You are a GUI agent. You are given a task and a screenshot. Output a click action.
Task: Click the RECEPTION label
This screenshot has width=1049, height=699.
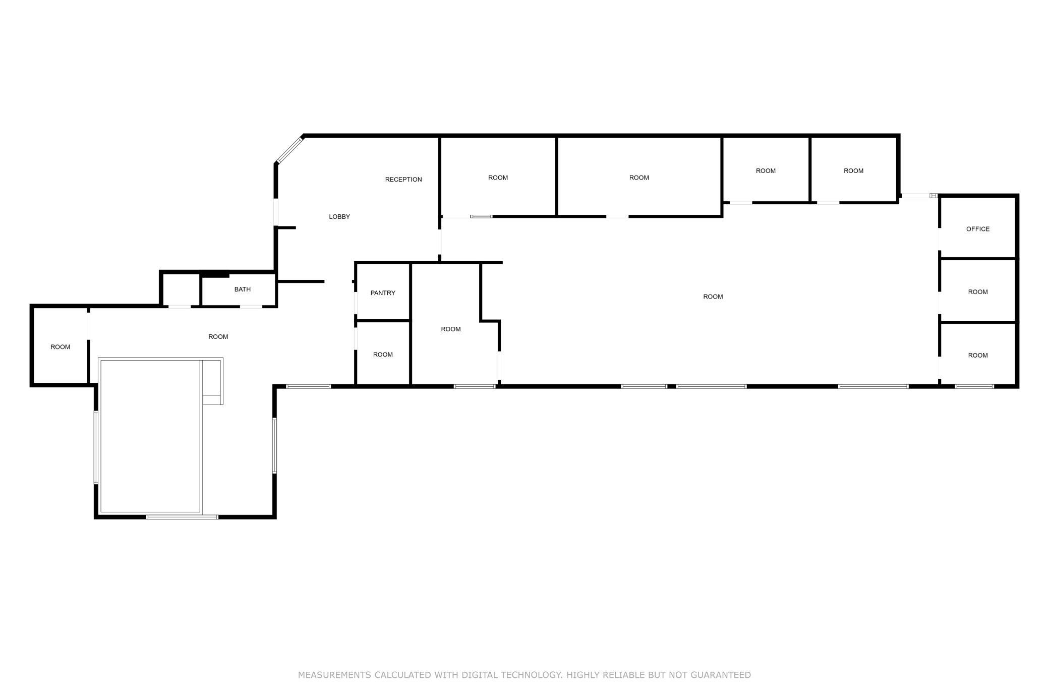[x=403, y=180]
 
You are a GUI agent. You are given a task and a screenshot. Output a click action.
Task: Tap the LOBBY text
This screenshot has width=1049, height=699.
[x=339, y=217]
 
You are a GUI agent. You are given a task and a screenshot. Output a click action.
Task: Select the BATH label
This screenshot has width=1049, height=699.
[x=243, y=289]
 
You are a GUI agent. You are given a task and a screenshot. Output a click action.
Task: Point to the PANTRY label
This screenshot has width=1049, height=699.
[x=383, y=293]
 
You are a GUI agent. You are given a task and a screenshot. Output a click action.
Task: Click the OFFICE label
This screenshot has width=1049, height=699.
[x=978, y=229]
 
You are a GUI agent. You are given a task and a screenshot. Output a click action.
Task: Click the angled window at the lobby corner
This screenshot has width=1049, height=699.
[x=289, y=150]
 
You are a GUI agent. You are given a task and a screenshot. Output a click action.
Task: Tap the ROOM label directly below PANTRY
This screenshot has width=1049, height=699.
[x=383, y=355]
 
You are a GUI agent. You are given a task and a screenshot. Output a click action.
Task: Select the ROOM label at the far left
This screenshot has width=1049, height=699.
[x=61, y=347]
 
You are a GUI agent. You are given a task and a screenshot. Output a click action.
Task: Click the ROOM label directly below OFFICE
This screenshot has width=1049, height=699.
[x=978, y=292]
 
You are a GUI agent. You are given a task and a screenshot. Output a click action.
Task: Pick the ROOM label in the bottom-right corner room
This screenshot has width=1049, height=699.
[x=978, y=356]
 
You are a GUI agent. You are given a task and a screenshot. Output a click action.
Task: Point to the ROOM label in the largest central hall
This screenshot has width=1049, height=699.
[x=713, y=297]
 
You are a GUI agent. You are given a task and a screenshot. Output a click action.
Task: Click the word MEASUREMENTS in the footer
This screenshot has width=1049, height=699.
[x=334, y=675]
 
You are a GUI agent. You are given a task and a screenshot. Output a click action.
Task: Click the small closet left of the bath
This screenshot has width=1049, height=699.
[x=181, y=290]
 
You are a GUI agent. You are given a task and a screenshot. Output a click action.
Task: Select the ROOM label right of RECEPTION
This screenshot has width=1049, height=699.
[x=498, y=178]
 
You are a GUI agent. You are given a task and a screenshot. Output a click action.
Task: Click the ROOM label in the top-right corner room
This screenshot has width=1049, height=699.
[x=854, y=171]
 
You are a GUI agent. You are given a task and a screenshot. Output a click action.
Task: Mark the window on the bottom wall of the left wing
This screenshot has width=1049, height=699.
[x=182, y=517]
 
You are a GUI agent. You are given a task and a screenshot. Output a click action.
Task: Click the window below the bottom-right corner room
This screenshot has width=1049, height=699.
[x=974, y=387]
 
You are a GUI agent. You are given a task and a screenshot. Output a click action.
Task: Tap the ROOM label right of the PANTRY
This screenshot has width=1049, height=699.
[x=451, y=329]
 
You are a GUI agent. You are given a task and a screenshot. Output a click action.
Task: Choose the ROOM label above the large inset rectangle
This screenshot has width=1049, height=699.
[x=218, y=337]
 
